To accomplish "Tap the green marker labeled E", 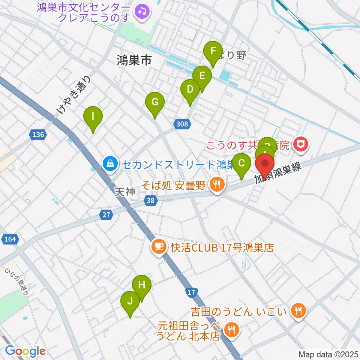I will (x=202, y=76).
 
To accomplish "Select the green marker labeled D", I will (x=190, y=90).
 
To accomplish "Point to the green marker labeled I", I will (x=93, y=117).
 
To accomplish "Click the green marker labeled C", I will (x=242, y=164).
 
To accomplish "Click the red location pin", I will (x=265, y=164).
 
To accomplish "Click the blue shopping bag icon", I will (x=109, y=164).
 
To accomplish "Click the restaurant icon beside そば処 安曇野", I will (x=216, y=184).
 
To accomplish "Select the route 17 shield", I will (x=191, y=291).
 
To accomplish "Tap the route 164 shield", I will (x=8, y=238).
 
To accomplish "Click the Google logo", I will (x=25, y=351).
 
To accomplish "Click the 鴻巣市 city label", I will (x=133, y=60).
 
